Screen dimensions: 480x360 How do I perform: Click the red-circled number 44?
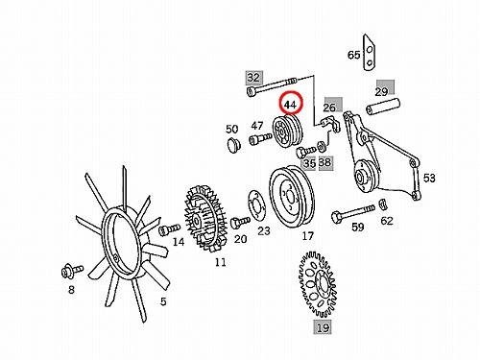[291, 105]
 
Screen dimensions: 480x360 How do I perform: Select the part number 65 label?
[354, 55]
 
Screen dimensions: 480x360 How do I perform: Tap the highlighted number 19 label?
[323, 327]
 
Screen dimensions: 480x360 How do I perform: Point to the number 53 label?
[429, 178]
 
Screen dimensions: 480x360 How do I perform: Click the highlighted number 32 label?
[253, 78]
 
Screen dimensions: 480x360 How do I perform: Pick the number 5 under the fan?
[163, 301]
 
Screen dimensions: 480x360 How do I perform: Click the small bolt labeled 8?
[72, 271]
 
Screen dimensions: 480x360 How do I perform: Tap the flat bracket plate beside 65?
[369, 52]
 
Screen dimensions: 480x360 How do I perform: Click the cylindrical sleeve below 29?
[383, 107]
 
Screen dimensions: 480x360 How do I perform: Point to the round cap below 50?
[234, 146]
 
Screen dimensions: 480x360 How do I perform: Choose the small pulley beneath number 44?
[289, 132]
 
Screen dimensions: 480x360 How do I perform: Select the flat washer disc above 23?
[256, 204]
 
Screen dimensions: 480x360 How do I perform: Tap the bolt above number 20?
[240, 222]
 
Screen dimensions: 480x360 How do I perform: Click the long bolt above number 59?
[353, 213]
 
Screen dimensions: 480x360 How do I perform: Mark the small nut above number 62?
[383, 204]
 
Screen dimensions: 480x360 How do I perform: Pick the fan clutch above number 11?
[205, 218]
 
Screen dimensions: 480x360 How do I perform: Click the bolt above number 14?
[169, 229]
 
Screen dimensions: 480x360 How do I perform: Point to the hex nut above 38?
[321, 147]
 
